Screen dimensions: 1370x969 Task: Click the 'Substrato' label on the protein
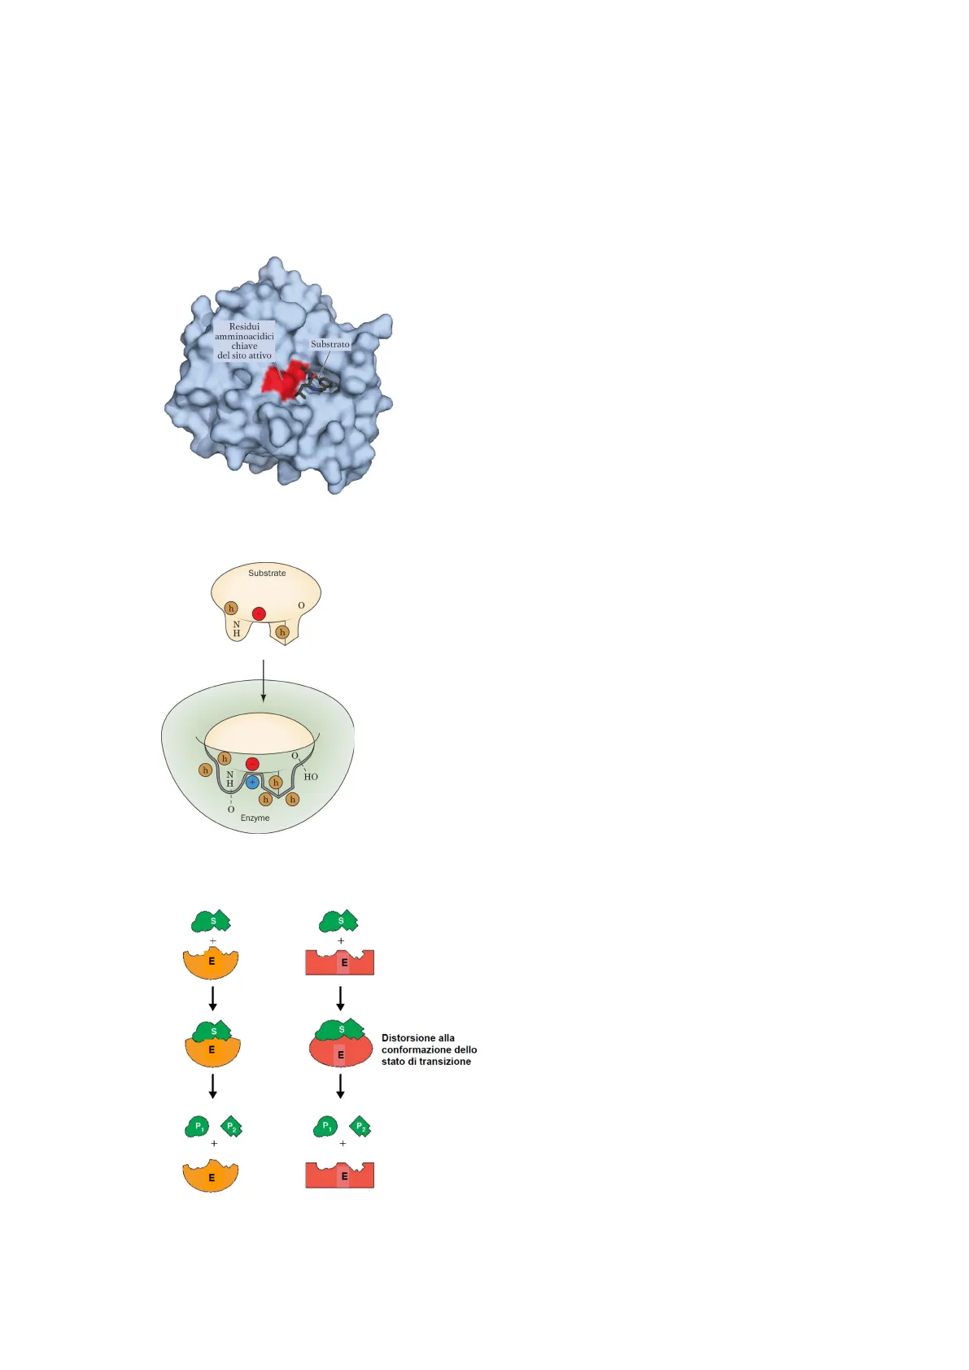(330, 344)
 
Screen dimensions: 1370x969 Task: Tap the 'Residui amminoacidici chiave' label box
(244, 341)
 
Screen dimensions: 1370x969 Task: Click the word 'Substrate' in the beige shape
(267, 573)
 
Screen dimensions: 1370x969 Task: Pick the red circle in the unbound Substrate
(259, 613)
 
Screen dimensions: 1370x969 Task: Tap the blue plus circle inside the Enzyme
(252, 782)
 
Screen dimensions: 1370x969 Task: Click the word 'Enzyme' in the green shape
(255, 818)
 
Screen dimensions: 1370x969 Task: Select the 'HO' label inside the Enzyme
(311, 777)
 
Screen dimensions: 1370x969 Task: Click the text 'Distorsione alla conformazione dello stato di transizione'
(429, 1049)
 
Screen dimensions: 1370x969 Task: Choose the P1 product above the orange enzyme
(198, 1127)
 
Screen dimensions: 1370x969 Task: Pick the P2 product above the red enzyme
(360, 1127)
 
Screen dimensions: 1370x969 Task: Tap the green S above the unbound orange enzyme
(212, 921)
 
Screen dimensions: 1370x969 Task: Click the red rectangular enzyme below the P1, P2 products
(340, 1176)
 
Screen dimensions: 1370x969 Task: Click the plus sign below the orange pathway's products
(214, 1143)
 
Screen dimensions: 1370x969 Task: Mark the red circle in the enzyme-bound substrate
(252, 764)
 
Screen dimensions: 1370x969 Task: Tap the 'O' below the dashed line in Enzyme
(231, 809)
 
